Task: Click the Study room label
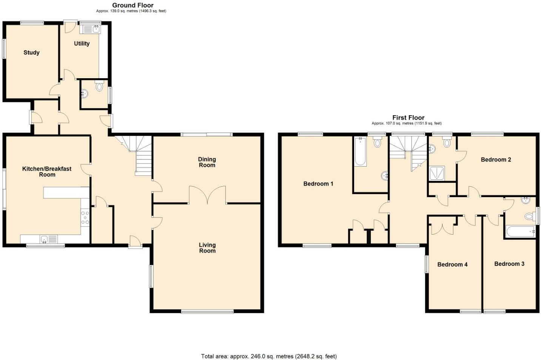pos(31,53)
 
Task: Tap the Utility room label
pos(82,43)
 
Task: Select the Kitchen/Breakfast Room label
pos(47,172)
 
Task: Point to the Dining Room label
pos(207,162)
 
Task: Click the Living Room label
pos(207,248)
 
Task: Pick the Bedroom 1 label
pos(318,184)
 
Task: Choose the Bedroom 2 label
pos(496,159)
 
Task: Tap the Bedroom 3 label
pos(509,264)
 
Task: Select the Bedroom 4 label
pos(452,264)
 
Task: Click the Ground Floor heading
pos(133,5)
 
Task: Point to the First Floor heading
pos(408,117)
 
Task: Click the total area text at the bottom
pos(269,356)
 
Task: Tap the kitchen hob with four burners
pos(85,218)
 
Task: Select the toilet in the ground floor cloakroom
pos(99,86)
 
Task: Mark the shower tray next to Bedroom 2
pos(437,173)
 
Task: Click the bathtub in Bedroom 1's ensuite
pos(360,151)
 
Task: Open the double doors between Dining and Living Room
pos(207,195)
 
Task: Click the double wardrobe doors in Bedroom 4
pos(442,229)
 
